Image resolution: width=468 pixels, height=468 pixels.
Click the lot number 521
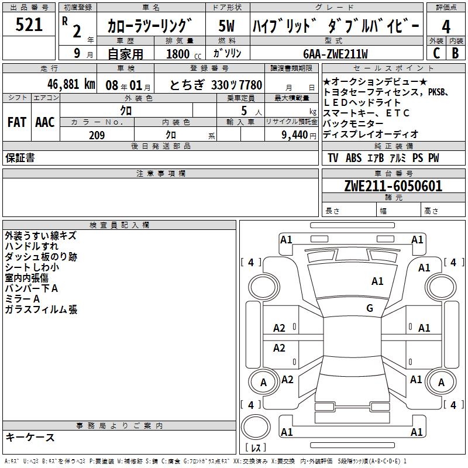[x=29, y=25]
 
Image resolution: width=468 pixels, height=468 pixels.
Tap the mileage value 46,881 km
[x=61, y=84]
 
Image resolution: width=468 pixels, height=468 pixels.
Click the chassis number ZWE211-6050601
[x=393, y=187]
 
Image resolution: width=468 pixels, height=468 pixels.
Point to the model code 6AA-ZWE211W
[x=336, y=54]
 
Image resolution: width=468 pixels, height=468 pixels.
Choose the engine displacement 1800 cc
[x=180, y=54]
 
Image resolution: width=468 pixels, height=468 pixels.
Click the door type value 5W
[x=226, y=26]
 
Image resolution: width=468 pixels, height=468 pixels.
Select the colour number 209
[x=97, y=135]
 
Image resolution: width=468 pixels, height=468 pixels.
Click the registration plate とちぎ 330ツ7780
[x=216, y=84]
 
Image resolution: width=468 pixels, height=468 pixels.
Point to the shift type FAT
[x=16, y=122]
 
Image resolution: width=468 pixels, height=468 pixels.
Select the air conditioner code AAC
[x=45, y=122]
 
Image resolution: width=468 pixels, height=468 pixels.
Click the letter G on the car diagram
[x=370, y=308]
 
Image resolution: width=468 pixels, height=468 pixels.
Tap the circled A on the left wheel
[x=263, y=383]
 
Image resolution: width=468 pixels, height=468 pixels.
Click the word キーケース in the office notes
[x=30, y=438]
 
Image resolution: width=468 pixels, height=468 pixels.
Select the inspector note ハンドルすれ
[x=32, y=246]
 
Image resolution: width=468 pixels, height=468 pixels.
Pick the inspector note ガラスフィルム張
[x=41, y=309]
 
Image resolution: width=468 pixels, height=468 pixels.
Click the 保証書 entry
[x=20, y=158]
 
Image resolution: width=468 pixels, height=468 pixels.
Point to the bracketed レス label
[x=256, y=449]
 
